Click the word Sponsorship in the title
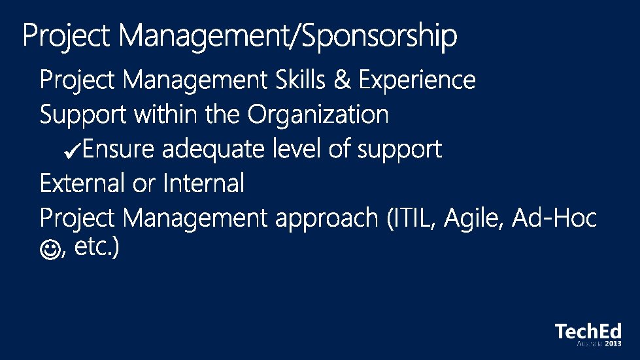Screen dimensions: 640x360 point(379,37)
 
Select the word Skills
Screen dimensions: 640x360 point(301,79)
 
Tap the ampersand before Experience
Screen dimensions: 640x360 point(342,80)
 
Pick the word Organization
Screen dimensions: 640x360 point(318,115)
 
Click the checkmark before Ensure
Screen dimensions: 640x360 point(73,150)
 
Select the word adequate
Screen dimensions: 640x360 point(213,150)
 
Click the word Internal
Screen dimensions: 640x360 point(203,183)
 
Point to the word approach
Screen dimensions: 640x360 point(327,219)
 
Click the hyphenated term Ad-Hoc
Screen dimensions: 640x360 point(554,218)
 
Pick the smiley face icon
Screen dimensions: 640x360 point(50,250)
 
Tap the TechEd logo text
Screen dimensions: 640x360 point(588,331)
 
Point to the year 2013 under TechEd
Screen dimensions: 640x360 point(613,344)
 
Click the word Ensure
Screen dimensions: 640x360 point(118,149)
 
